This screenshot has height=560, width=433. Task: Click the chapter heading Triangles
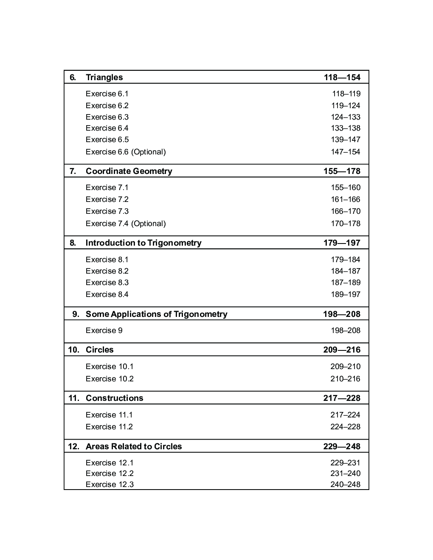click(104, 77)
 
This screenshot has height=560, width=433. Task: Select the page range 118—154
click(342, 77)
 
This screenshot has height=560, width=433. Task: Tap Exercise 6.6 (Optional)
click(126, 152)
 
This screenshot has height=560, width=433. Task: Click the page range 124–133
click(346, 117)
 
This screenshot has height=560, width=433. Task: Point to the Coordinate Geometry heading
click(129, 171)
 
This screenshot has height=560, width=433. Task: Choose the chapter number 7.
click(73, 171)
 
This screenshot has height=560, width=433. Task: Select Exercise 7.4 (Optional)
click(126, 224)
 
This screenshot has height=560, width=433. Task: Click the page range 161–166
click(346, 199)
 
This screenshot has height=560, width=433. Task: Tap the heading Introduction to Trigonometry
click(143, 243)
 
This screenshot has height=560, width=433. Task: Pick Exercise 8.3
click(107, 283)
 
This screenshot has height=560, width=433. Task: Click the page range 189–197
click(346, 294)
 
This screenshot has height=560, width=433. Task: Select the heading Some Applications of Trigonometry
click(156, 314)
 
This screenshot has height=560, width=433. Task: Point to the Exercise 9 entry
click(104, 330)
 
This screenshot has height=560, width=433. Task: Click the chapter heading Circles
click(99, 350)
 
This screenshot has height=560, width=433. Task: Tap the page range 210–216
click(345, 379)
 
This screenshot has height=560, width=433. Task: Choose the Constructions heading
click(114, 398)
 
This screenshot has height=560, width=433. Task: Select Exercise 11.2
click(109, 427)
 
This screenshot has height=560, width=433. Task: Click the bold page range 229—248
click(342, 446)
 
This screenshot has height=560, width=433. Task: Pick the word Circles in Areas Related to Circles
click(168, 446)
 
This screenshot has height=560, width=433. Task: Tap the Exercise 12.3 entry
click(110, 484)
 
